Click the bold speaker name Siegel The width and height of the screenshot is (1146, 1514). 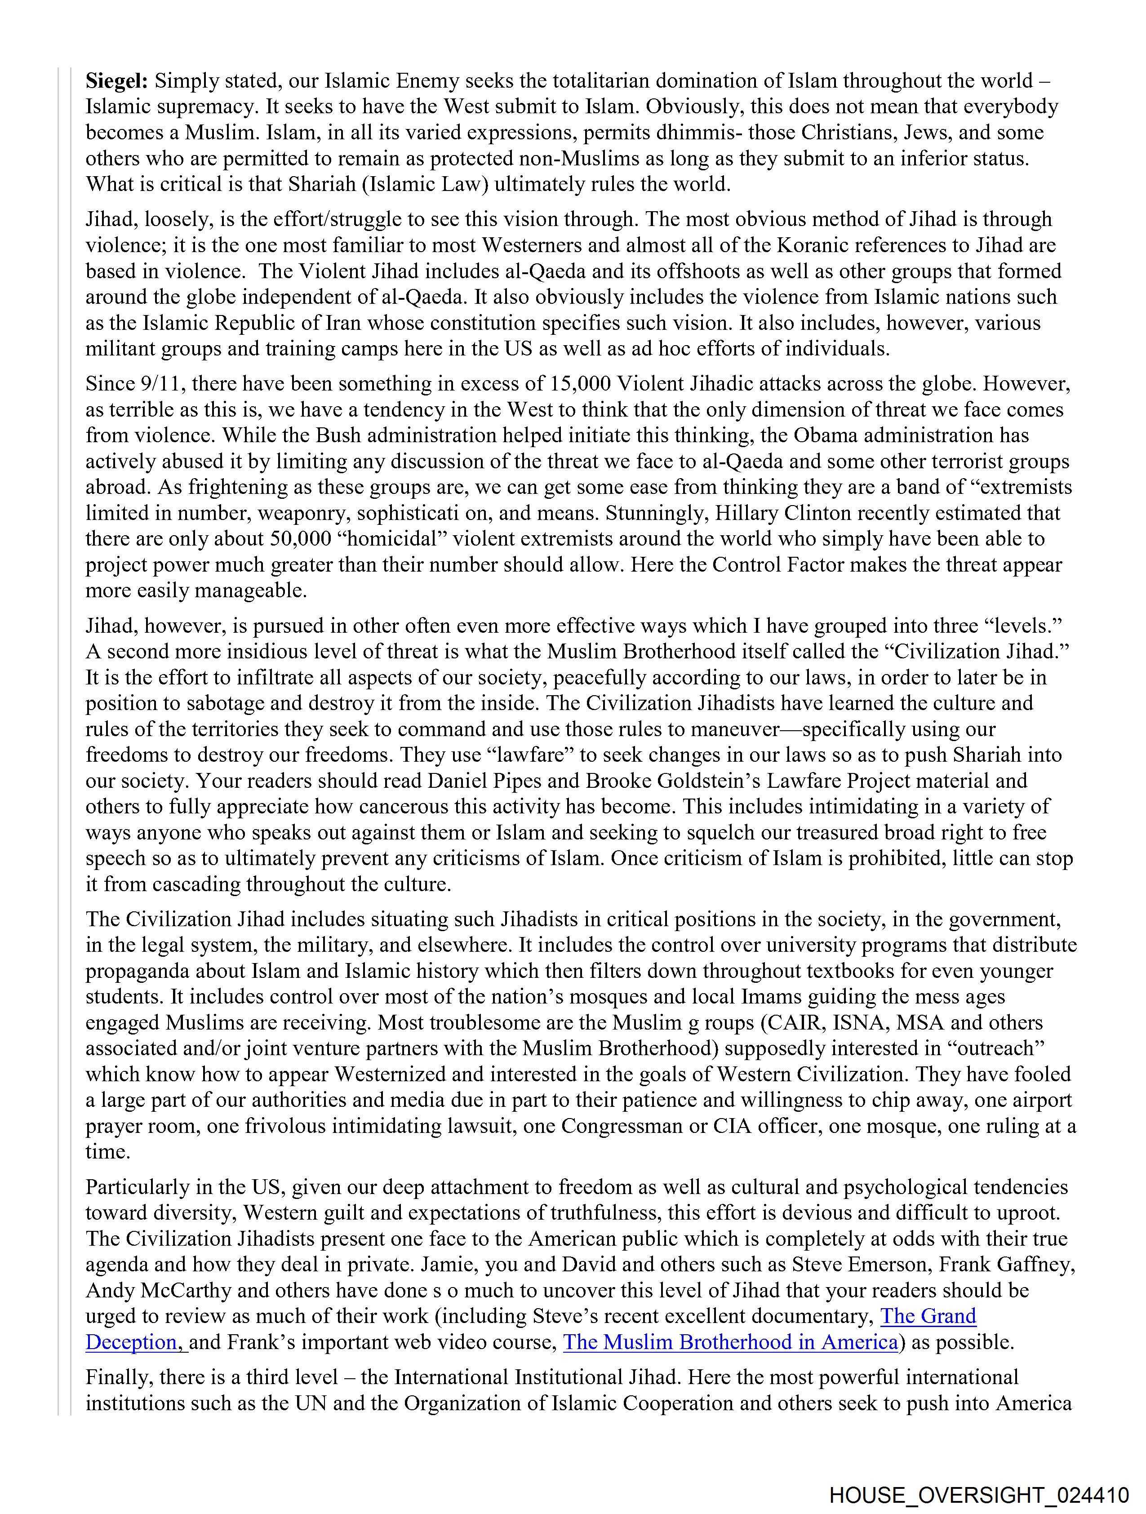pyautogui.click(x=116, y=81)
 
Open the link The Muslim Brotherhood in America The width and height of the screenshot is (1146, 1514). pyautogui.click(x=730, y=1342)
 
